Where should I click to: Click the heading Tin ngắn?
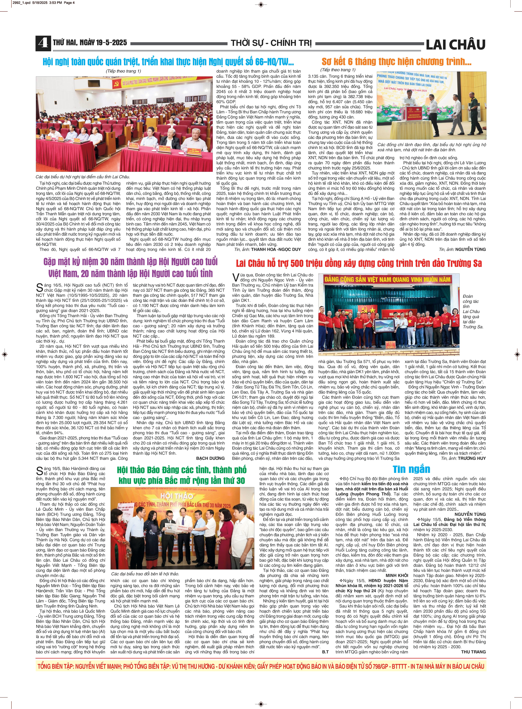(x=411, y=469)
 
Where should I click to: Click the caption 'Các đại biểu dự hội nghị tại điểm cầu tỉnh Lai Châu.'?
(x=83, y=177)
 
